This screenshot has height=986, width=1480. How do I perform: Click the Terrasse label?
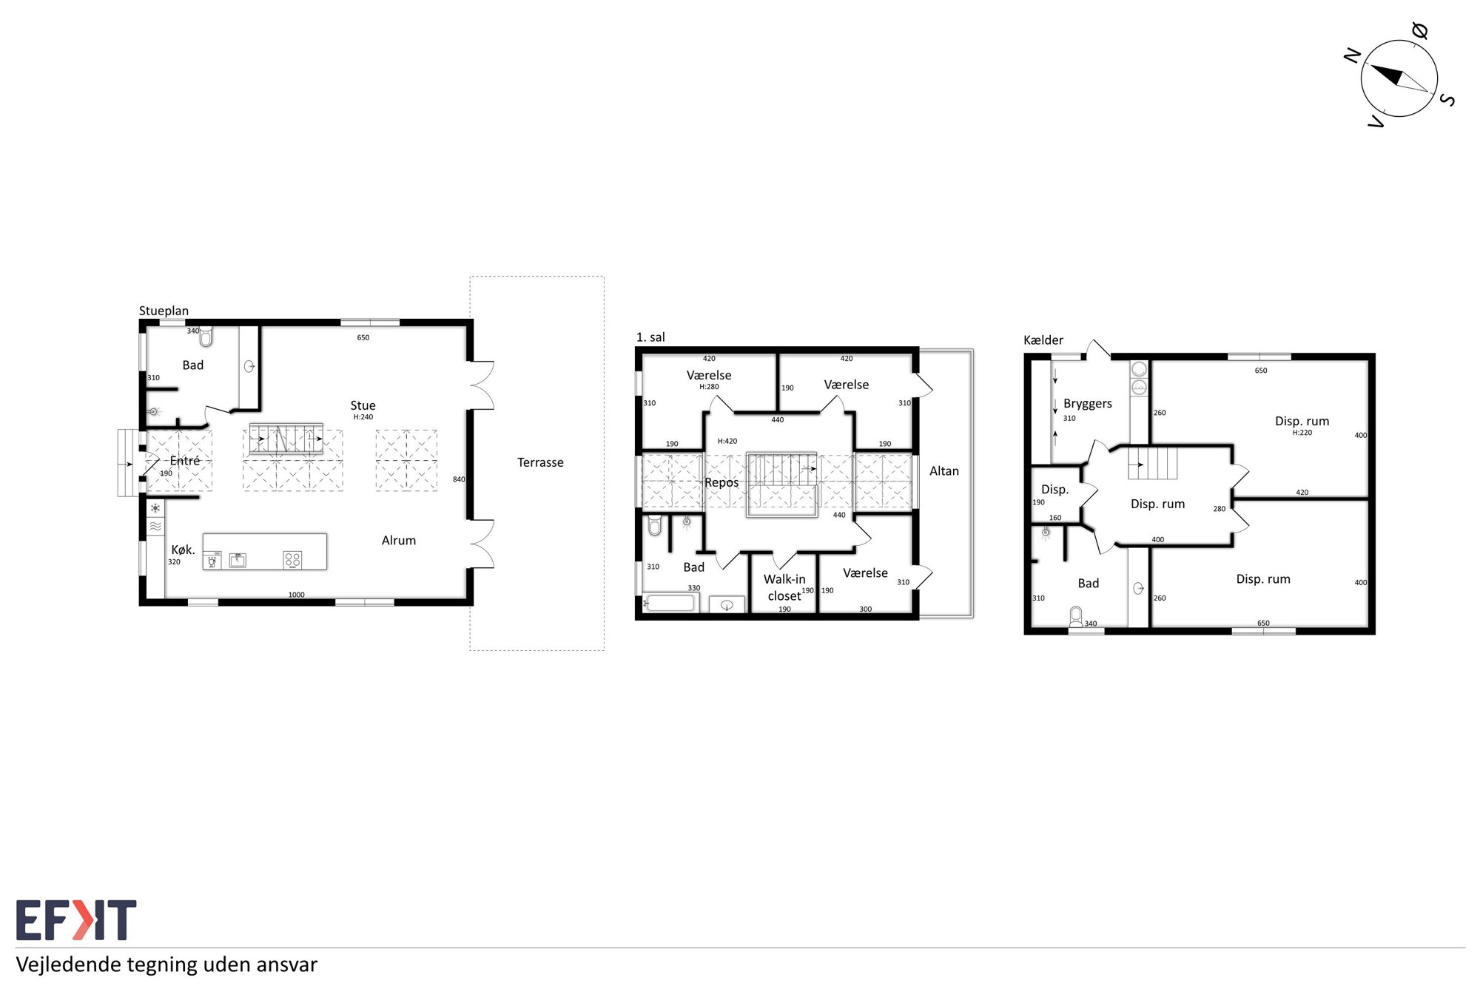click(540, 462)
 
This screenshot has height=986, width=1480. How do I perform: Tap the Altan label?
click(943, 471)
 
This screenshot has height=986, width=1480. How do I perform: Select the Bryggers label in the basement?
click(1087, 404)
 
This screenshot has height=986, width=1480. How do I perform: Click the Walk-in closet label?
click(784, 587)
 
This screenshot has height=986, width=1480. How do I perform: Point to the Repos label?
click(721, 483)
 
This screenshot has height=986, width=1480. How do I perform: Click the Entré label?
click(185, 461)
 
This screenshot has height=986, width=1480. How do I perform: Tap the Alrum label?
click(399, 541)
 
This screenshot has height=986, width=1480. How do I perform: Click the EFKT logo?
click(76, 919)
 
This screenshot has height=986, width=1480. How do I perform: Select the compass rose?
click(1399, 78)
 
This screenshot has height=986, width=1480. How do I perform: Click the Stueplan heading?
click(164, 311)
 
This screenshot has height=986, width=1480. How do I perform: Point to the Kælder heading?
click(1043, 340)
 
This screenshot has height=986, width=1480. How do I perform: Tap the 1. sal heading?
click(650, 337)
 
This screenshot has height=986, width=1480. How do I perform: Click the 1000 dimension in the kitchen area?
click(296, 595)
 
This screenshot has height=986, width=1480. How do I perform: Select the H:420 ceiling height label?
click(727, 442)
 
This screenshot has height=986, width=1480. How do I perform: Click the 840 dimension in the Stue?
click(459, 479)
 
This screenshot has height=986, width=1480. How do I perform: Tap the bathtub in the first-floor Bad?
click(670, 603)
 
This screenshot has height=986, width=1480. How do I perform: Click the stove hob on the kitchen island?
click(292, 560)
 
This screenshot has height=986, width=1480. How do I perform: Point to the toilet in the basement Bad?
click(1076, 618)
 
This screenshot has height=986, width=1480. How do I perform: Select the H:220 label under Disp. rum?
click(1302, 433)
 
